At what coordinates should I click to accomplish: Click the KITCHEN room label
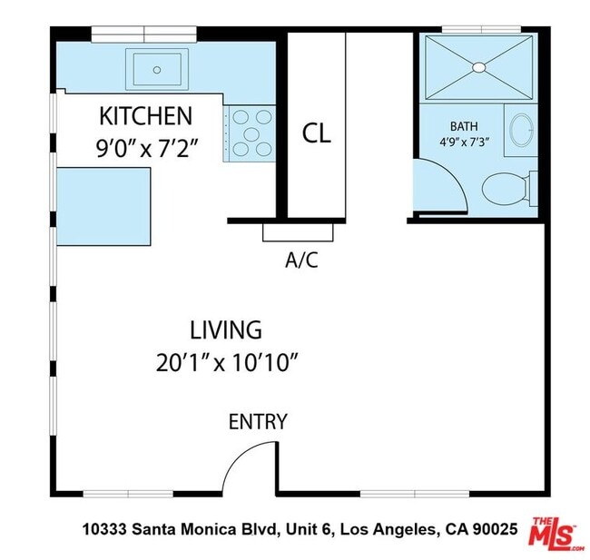point(145,117)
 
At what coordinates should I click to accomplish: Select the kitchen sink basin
point(158,68)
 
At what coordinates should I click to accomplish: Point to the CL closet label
point(317,134)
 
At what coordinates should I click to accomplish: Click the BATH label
point(464,126)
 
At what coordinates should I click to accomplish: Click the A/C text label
point(302,260)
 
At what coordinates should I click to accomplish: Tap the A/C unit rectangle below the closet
point(298,232)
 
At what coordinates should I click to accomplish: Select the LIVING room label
point(226,329)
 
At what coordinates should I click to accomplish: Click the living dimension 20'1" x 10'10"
point(227,363)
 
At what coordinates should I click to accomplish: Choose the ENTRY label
point(258,422)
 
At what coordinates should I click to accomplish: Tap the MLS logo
point(555,534)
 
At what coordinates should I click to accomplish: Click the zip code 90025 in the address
point(496,528)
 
